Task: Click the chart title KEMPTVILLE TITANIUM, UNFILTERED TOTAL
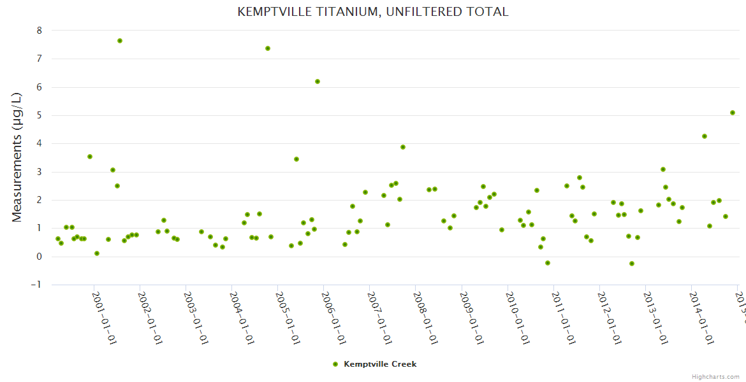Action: tap(372, 11)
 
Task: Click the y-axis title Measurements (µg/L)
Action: tap(17, 157)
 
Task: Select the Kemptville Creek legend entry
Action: tap(380, 364)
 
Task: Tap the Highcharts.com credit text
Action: tap(715, 376)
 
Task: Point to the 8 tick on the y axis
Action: tap(40, 30)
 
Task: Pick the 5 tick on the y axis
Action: tap(40, 115)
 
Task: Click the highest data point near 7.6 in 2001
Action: tap(120, 41)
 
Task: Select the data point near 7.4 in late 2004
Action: tap(268, 48)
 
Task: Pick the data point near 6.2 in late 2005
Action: tap(318, 81)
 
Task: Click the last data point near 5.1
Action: tap(733, 113)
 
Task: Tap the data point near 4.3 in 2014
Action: tap(705, 136)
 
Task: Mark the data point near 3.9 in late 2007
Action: tap(403, 147)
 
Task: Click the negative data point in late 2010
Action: tap(548, 263)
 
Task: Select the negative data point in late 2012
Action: tap(632, 264)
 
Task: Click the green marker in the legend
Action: tap(335, 364)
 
